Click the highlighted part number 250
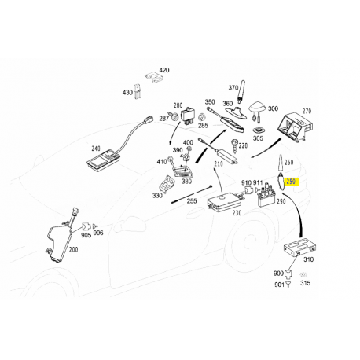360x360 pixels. pos(291,182)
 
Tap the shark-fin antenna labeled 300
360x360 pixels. pos(257,108)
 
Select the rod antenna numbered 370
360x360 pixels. pos(241,93)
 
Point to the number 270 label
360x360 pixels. pos(307,111)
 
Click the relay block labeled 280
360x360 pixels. pos(188,116)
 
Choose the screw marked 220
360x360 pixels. pos(234,145)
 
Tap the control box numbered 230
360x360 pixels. pos(225,201)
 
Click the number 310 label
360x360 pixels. pos(308,259)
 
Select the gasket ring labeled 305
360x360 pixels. pos(258,130)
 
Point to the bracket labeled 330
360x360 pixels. pos(166,184)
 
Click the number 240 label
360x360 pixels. pos(96,149)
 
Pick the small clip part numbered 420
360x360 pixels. pos(154,76)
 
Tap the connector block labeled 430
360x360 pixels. pos(138,91)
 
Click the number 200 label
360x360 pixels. pos(73,250)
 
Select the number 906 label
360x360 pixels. pos(98,233)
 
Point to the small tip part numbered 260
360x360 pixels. pos(280,163)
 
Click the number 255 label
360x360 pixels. pos(192,201)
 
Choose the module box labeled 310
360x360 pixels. pos(299,247)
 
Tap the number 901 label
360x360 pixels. pos(279,285)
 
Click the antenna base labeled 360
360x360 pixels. pos(236,112)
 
